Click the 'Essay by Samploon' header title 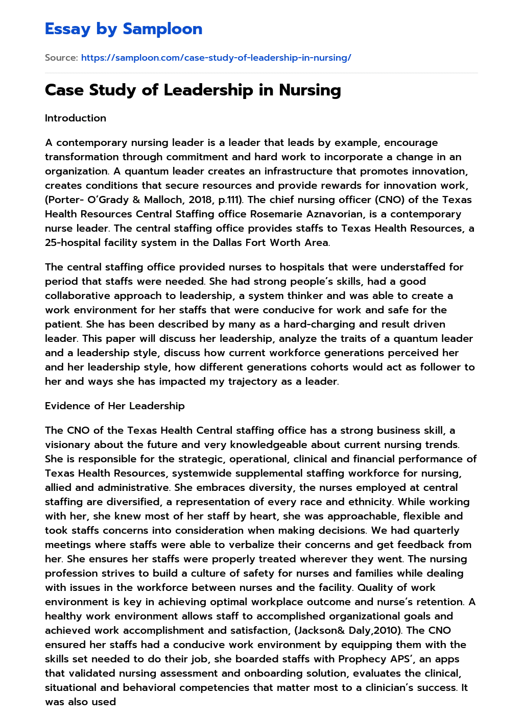(x=124, y=29)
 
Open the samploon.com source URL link (x=216, y=58)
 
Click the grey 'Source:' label (x=61, y=58)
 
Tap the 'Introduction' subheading (x=76, y=118)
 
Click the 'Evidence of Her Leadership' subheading (x=115, y=406)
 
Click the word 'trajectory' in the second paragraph (x=253, y=381)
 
